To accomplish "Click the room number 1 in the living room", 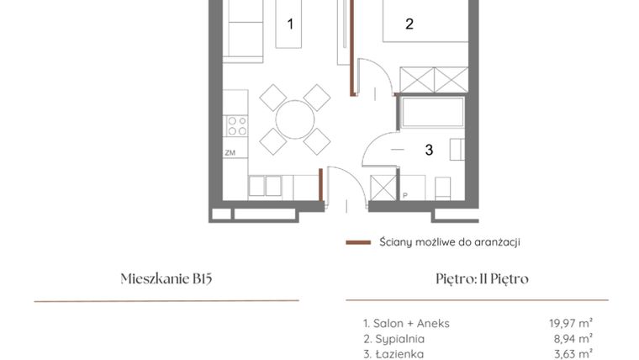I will pos(291,24).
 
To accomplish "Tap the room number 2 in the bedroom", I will pos(409,24).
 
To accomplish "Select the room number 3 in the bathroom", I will pos(429,151).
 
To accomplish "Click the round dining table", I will pos(294,119).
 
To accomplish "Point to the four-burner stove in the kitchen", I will pos(237,126).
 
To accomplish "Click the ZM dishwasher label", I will pos(230,153).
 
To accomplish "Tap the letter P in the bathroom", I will pos(404,196).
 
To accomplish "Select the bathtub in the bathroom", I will pos(433,113).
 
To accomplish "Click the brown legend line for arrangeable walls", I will pos(358,242).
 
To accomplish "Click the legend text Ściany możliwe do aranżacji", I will pos(448,242).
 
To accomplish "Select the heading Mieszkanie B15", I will pos(166,279).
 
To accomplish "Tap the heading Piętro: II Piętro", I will pos(477,279).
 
